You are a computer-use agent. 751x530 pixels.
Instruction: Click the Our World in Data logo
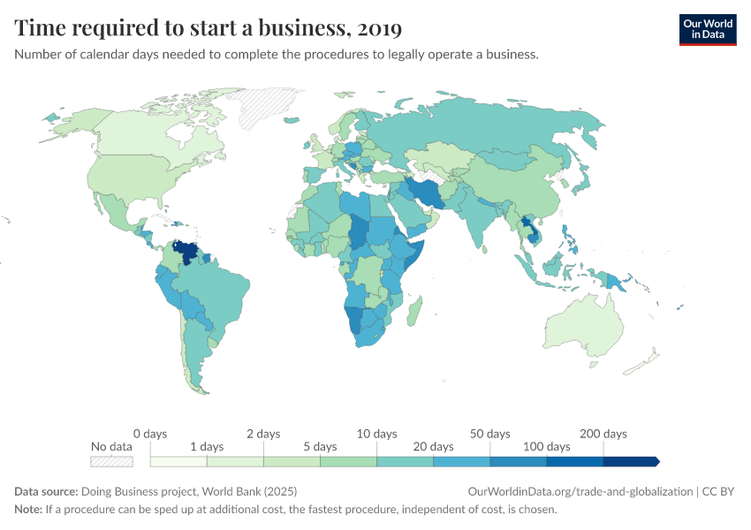tap(707, 29)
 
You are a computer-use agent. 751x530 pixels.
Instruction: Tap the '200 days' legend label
tap(603, 434)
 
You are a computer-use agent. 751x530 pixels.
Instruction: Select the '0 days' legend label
tap(150, 434)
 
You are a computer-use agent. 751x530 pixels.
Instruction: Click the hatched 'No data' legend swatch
tap(111, 461)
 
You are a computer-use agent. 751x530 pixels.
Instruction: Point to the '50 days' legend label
tap(489, 434)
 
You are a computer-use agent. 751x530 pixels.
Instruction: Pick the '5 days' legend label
tap(320, 447)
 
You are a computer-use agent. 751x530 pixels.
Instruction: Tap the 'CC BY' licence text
tap(719, 491)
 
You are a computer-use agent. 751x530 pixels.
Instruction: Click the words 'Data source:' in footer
tap(46, 491)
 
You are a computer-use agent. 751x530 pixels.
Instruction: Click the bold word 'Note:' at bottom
tap(29, 510)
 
